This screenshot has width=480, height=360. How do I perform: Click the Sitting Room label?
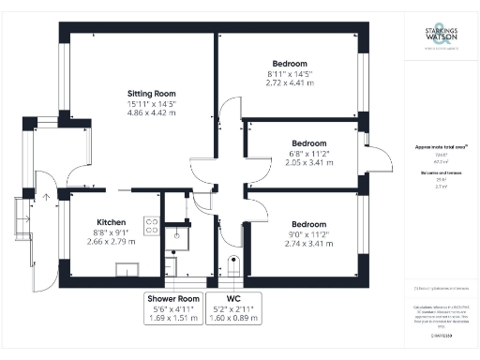click(x=152, y=94)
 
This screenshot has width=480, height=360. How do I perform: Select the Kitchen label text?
click(x=98, y=223)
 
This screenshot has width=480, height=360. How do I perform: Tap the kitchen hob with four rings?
click(x=150, y=225)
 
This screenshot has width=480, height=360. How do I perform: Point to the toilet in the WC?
click(x=232, y=264)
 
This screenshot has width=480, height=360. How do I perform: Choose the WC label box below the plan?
click(x=233, y=307)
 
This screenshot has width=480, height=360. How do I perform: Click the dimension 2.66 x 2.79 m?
click(x=98, y=242)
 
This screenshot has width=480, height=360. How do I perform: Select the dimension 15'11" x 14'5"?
click(x=152, y=105)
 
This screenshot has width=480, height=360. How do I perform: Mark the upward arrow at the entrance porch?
click(x=45, y=198)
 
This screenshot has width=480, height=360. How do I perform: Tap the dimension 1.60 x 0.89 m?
click(x=233, y=318)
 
